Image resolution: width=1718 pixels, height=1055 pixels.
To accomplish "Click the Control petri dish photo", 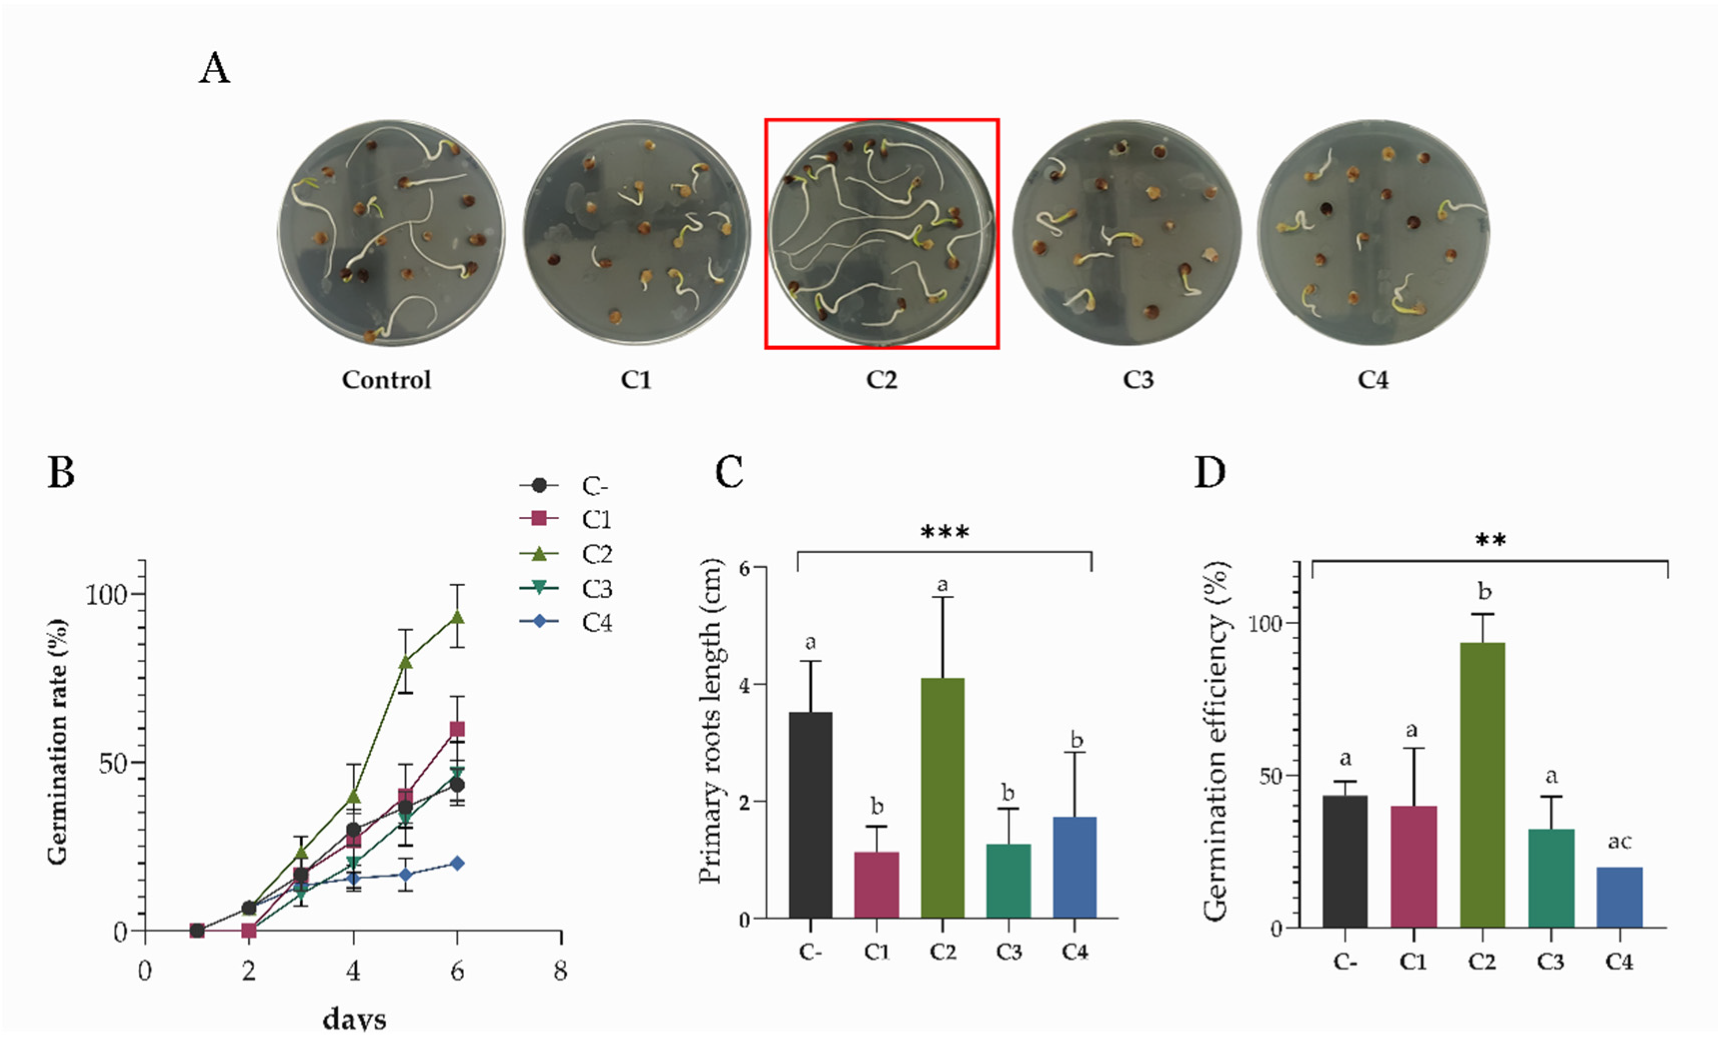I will click(x=391, y=232).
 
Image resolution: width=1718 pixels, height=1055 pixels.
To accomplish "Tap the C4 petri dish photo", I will click(x=1372, y=232).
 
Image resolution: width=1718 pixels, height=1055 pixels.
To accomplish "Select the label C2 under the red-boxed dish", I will click(x=881, y=380).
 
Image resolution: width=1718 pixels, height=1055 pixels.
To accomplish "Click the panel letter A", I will click(x=214, y=69).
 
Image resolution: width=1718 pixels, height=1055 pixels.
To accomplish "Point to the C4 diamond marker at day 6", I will click(x=457, y=863).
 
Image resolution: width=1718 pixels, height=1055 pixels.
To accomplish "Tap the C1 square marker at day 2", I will click(x=249, y=930).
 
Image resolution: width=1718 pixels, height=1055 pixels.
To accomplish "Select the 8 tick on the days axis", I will click(x=560, y=971).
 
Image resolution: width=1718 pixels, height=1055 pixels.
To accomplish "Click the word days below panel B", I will click(x=354, y=1020).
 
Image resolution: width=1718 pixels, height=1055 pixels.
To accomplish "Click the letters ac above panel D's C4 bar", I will click(x=1619, y=842).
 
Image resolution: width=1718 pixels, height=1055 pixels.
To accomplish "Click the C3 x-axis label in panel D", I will click(x=1550, y=962).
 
